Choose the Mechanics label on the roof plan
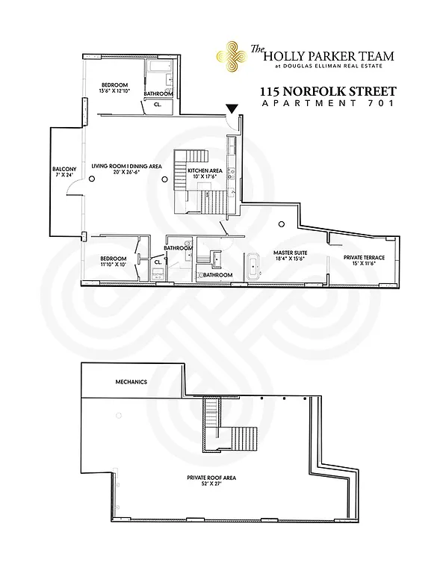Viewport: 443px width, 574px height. (x=131, y=382)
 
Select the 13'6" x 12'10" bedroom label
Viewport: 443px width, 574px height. (x=116, y=87)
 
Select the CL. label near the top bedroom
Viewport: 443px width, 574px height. (x=158, y=105)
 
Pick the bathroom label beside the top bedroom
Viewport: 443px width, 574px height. (x=158, y=93)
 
